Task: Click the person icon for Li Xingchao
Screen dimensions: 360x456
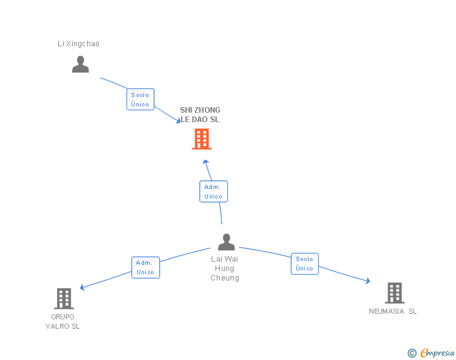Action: (x=80, y=64)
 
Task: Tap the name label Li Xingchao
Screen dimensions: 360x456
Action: (x=78, y=44)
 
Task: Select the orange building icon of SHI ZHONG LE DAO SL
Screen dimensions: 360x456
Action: (x=201, y=139)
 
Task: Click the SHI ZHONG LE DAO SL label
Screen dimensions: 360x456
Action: (x=200, y=115)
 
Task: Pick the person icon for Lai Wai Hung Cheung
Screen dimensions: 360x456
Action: (x=226, y=242)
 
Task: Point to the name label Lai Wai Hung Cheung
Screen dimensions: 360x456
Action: (x=224, y=268)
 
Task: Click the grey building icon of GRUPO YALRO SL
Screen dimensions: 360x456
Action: (x=63, y=298)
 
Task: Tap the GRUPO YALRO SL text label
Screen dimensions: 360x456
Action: (x=63, y=321)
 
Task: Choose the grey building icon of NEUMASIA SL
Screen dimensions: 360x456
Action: (x=394, y=292)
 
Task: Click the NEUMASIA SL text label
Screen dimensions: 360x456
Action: (x=393, y=311)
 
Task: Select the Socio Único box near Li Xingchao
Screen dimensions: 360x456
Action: (x=140, y=100)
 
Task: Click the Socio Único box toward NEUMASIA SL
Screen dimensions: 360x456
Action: (x=304, y=264)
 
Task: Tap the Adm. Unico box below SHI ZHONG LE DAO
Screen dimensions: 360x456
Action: (x=213, y=192)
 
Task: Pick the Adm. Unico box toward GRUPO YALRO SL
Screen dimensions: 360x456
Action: (x=145, y=267)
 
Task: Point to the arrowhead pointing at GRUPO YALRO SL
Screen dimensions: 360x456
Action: (x=83, y=287)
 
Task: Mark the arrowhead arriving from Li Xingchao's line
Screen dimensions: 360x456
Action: (x=177, y=120)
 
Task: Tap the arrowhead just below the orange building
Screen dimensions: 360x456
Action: (x=205, y=162)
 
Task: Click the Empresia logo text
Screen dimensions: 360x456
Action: (x=437, y=353)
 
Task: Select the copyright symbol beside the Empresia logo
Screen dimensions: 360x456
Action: (x=412, y=353)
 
